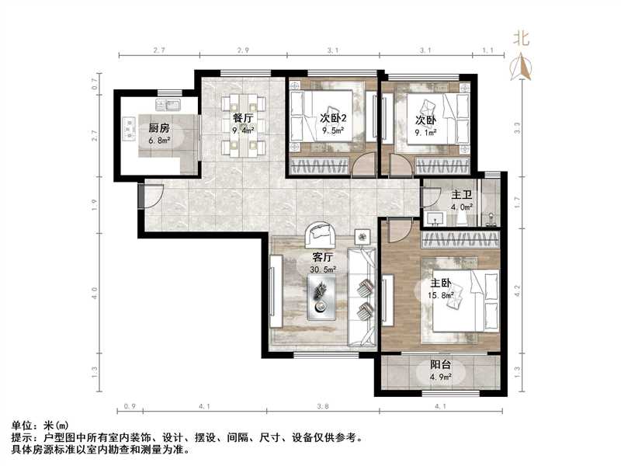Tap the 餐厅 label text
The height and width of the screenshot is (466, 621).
pyautogui.click(x=244, y=118)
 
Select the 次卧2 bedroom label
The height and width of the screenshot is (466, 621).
pyautogui.click(x=335, y=118)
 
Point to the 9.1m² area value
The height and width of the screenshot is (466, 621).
pyautogui.click(x=425, y=133)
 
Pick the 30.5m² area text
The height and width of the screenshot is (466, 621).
pyautogui.click(x=322, y=270)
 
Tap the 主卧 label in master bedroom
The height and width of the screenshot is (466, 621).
pyautogui.click(x=440, y=283)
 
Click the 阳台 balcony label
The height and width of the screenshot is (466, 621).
pyautogui.click(x=441, y=367)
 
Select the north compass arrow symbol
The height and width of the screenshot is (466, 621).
pyautogui.click(x=522, y=67)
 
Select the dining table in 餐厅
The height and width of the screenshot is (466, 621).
pyautogui.click(x=243, y=124)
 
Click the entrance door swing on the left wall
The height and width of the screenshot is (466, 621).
pyautogui.click(x=150, y=195)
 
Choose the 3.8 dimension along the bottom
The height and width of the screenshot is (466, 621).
pyautogui.click(x=323, y=405)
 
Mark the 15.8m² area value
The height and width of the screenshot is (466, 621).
pyautogui.click(x=440, y=296)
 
